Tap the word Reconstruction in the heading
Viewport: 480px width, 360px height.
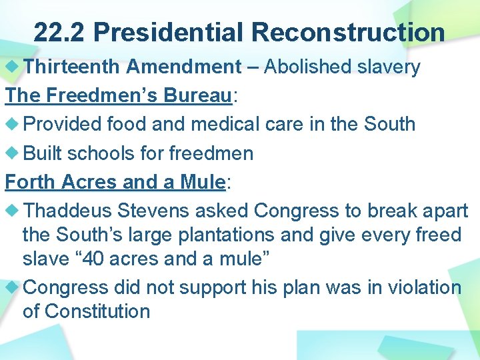pyautogui.click(x=349, y=32)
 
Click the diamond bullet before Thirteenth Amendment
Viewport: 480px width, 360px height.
pyautogui.click(x=13, y=67)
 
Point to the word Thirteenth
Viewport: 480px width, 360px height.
pyautogui.click(x=72, y=67)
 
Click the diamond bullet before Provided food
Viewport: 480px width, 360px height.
pyautogui.click(x=13, y=124)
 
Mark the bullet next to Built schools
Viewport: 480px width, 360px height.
pyautogui.click(x=13, y=153)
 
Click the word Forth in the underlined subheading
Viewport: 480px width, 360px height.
pyautogui.click(x=31, y=181)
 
